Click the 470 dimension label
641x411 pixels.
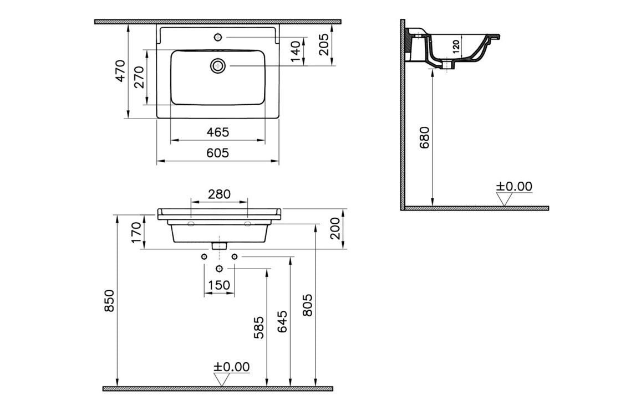(x=120, y=70)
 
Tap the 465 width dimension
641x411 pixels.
(x=217, y=132)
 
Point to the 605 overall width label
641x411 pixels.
(x=217, y=153)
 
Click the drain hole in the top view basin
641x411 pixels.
(x=217, y=66)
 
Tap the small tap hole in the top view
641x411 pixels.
(x=217, y=38)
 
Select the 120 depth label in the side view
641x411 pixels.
(x=456, y=46)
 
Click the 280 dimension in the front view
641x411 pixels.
(x=219, y=194)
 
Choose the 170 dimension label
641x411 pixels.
(x=136, y=232)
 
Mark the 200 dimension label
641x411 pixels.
(x=335, y=229)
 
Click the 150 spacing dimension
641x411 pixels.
(x=218, y=285)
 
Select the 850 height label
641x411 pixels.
(x=109, y=300)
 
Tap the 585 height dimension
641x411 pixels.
(x=259, y=328)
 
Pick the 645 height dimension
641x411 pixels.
(x=282, y=321)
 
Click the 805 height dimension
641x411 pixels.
(x=307, y=305)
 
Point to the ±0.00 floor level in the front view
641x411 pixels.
(x=232, y=367)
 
